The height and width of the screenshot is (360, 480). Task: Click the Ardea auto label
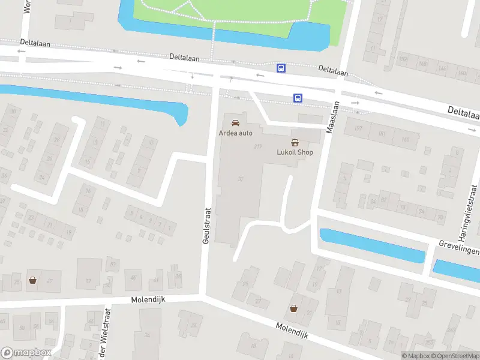pyautogui.click(x=236, y=132)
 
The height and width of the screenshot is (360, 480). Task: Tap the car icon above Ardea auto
pyautogui.click(x=235, y=122)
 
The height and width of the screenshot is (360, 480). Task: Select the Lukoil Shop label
pyautogui.click(x=295, y=152)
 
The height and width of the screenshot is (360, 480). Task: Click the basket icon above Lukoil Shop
pyautogui.click(x=295, y=143)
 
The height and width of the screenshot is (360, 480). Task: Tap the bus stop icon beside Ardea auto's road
pyautogui.click(x=297, y=98)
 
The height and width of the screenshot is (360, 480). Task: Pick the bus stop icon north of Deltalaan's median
pyautogui.click(x=280, y=68)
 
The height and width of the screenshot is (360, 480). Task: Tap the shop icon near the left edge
pyautogui.click(x=32, y=280)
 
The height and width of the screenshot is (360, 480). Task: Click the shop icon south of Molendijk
pyautogui.click(x=293, y=308)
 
